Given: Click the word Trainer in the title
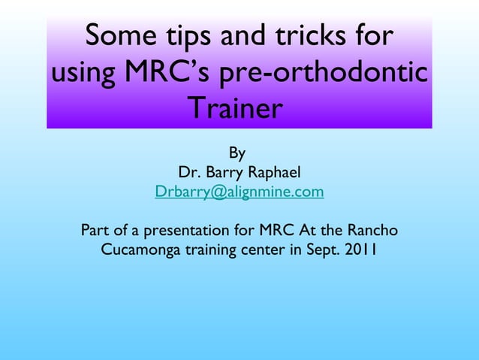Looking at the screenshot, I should coord(235,110).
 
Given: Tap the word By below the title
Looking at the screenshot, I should coord(237,154).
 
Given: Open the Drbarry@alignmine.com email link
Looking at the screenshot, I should coord(239,192).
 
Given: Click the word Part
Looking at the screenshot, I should coord(95,230).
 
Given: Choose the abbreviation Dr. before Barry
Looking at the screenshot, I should coord(188,174).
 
